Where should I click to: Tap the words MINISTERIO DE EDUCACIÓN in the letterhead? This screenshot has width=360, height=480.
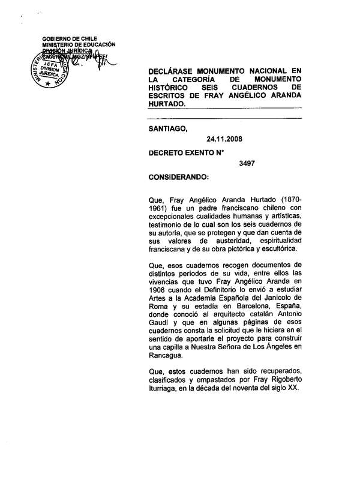pyautogui.click(x=79, y=45)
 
